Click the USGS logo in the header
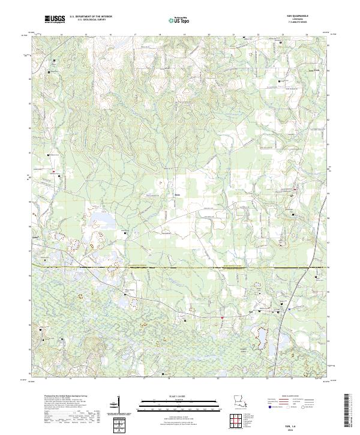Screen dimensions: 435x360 (55, 20)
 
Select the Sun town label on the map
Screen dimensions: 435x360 (250, 311)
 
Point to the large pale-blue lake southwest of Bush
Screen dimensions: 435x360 (96, 217)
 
